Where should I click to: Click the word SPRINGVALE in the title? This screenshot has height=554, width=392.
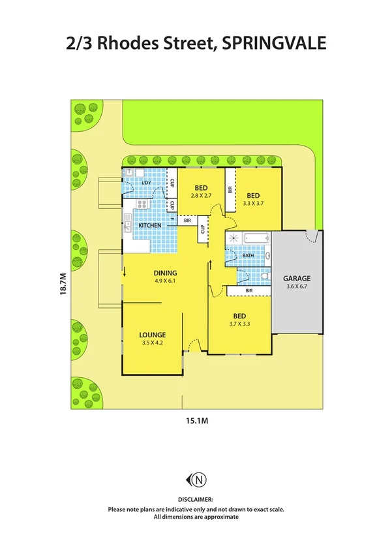coord(274,43)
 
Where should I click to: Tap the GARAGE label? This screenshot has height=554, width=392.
coord(298,277)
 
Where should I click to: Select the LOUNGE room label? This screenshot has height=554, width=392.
coord(152,335)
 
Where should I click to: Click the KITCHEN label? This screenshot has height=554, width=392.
coord(149,225)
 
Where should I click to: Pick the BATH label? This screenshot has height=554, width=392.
coord(248,256)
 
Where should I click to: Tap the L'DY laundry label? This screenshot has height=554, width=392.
coord(146,183)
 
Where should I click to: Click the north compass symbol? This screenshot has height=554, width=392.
coord(198,480)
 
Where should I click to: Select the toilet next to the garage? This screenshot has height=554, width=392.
coord(264,277)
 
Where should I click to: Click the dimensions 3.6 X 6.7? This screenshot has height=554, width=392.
coord(298,286)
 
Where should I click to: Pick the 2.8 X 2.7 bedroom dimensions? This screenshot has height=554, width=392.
coord(201,196)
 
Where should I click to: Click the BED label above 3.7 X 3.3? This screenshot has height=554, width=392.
coord(237,315)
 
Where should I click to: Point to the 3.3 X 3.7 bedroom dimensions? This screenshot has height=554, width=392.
coord(254,203)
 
